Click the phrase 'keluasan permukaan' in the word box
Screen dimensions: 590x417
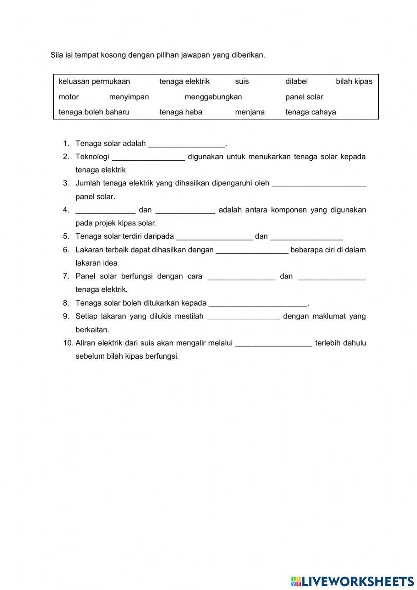click(x=94, y=81)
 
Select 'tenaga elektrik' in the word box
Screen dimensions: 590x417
click(x=184, y=81)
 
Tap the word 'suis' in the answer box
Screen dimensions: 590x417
click(x=242, y=81)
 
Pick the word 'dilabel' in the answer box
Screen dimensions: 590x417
click(x=296, y=81)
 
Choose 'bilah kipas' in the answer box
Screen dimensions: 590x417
click(x=354, y=81)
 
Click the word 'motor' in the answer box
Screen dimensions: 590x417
click(x=69, y=97)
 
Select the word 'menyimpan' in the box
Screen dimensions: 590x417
click(x=129, y=97)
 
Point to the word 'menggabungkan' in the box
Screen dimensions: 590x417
click(x=213, y=97)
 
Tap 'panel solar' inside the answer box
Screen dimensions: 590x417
click(x=304, y=97)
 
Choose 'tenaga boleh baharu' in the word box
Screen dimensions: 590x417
click(x=94, y=112)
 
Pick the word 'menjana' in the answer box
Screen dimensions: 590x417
click(x=250, y=112)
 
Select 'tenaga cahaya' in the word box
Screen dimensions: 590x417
click(x=311, y=112)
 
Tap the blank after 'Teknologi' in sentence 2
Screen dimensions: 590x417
click(x=148, y=157)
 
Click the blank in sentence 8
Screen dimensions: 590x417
click(x=258, y=304)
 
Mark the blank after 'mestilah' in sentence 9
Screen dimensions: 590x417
click(x=243, y=317)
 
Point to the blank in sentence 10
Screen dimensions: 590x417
click(x=274, y=344)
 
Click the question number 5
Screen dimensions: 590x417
click(x=66, y=236)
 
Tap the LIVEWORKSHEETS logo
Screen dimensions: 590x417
click(x=352, y=581)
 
